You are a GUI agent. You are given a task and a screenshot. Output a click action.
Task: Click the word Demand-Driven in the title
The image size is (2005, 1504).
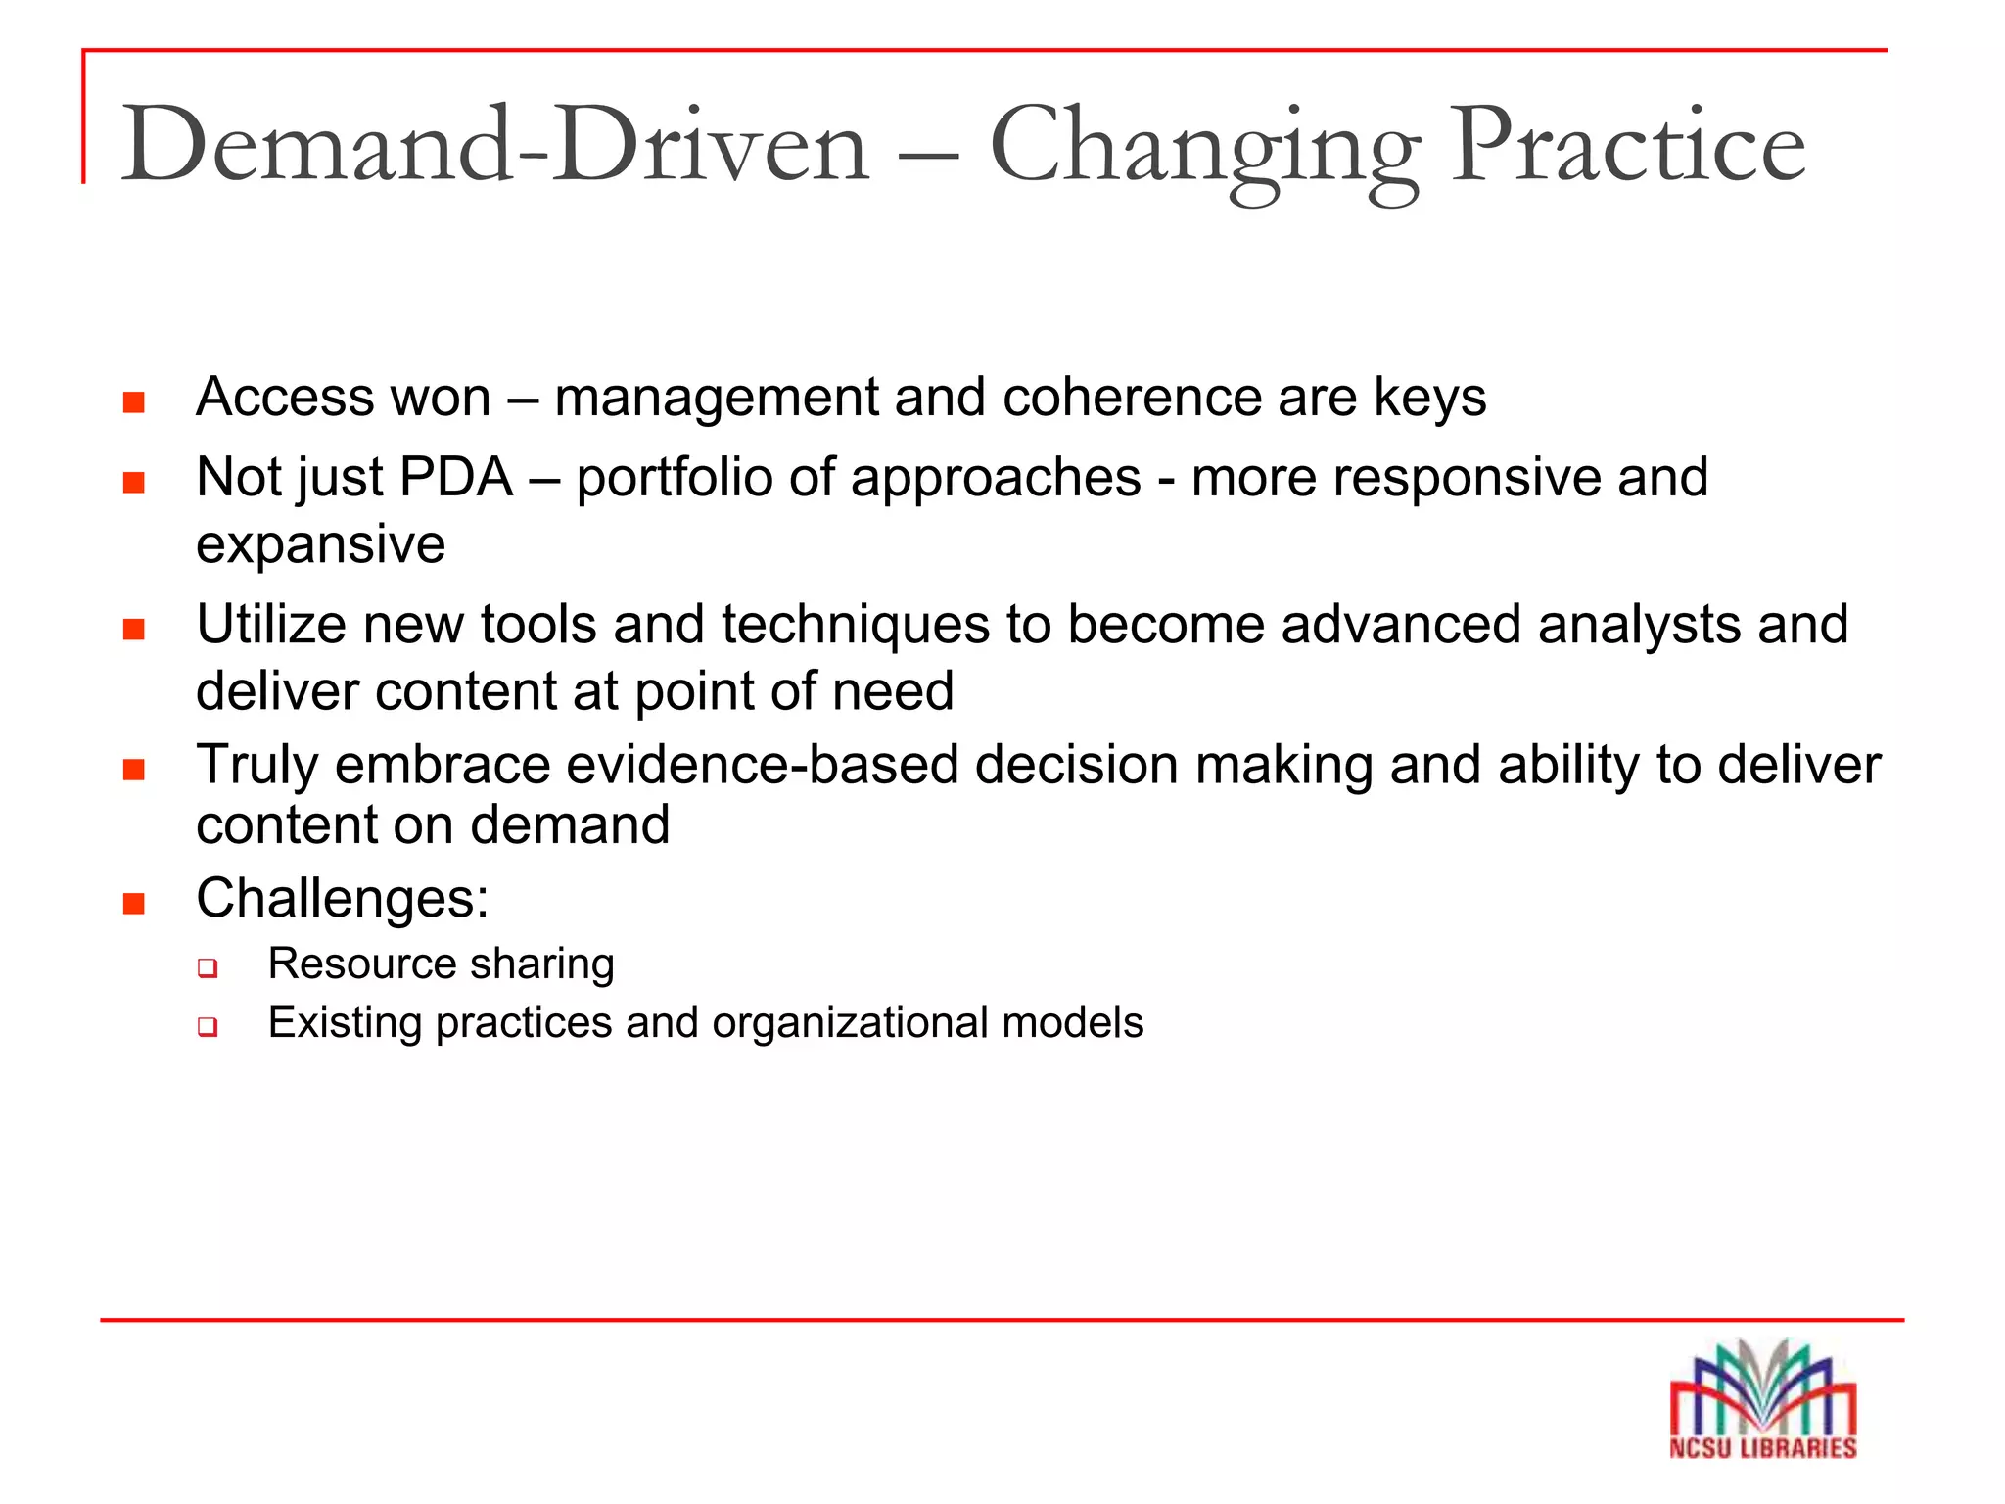494,147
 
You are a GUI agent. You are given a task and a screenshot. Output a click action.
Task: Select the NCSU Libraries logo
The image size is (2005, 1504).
1762,1400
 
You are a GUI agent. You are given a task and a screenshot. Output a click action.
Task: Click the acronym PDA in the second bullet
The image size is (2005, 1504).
456,478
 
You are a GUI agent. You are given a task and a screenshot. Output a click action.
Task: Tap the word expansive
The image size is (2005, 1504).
320,544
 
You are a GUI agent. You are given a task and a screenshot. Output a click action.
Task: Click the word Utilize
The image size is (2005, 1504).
271,625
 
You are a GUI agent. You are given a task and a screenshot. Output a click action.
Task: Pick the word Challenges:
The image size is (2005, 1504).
342,898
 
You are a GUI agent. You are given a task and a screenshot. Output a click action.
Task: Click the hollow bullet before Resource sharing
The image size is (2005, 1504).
207,968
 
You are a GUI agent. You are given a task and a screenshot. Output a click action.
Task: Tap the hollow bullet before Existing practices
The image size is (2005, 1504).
207,1027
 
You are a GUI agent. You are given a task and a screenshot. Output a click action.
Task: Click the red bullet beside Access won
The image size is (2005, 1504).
134,402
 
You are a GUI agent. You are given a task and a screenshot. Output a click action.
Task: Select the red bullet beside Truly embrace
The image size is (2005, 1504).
134,770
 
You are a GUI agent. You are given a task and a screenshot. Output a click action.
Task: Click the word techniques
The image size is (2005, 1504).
855,627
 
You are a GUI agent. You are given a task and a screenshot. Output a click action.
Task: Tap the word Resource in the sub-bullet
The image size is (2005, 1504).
349,964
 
